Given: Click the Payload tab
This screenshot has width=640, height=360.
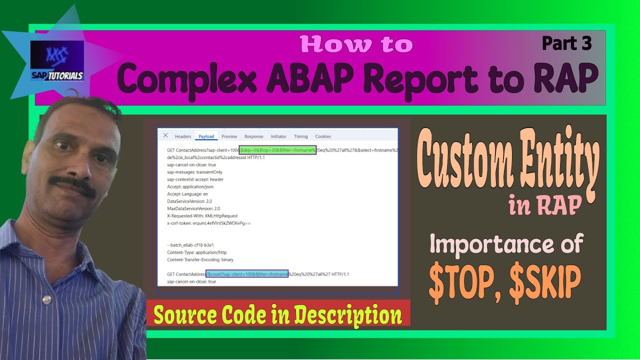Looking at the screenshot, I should pyautogui.click(x=206, y=136).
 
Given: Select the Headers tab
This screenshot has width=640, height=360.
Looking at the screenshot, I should pyautogui.click(x=183, y=136).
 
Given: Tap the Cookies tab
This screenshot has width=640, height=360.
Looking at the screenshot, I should pyautogui.click(x=323, y=136).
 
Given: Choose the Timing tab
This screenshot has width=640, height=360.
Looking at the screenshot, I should pyautogui.click(x=301, y=136).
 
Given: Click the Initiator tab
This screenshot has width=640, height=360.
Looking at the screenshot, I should pyautogui.click(x=278, y=136).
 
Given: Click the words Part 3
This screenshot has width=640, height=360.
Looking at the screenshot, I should pyautogui.click(x=566, y=44).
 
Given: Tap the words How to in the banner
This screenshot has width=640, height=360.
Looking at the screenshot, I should pyautogui.click(x=356, y=45).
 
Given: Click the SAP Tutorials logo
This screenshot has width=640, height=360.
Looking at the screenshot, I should pyautogui.click(x=56, y=61).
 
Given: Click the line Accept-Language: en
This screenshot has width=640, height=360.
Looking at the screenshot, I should pyautogui.click(x=187, y=194).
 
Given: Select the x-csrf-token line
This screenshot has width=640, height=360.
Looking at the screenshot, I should pyautogui.click(x=208, y=223).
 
